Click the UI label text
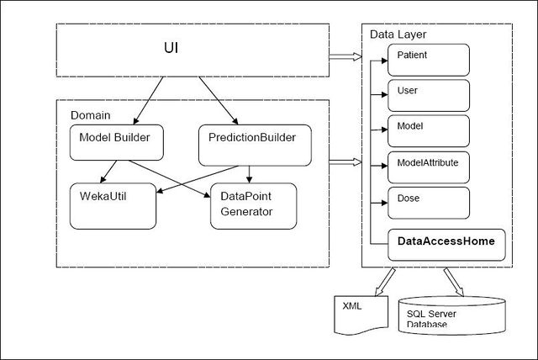pos(171,48)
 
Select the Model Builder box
pos(117,142)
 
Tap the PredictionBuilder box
pos(255,146)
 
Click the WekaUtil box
pos(113,206)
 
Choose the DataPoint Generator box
pos(254,206)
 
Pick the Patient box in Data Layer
pos(429,60)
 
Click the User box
pos(429,95)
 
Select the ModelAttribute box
pos(429,167)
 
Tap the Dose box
pos(429,203)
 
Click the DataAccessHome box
pos(446,245)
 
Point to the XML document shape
pos(361,315)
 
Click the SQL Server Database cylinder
pos(452,315)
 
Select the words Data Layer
pos(398,34)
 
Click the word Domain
pos(91,115)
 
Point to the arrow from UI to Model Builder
pos(148,100)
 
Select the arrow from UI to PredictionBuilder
pos(219,100)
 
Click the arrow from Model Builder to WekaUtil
pos(108,172)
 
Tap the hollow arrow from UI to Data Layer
pos(345,57)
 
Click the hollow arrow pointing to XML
pos(385,282)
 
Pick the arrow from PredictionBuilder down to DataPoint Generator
pos(250,174)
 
